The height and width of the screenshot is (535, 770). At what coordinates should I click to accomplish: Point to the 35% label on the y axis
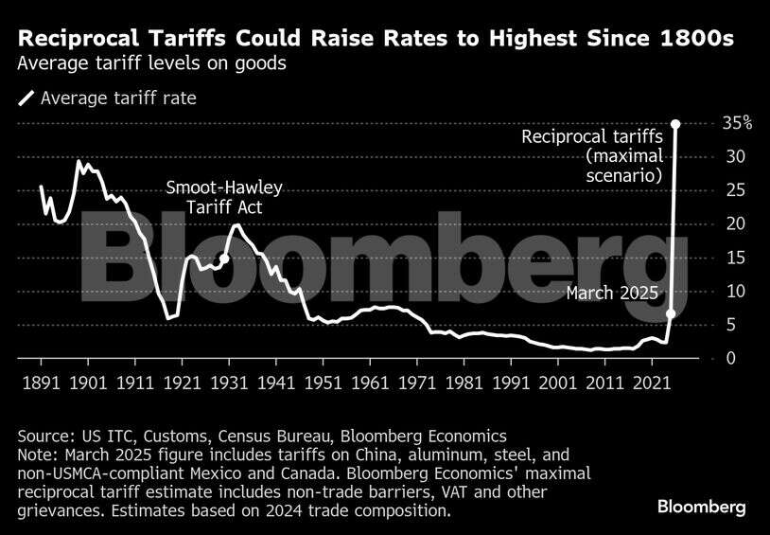[738, 123]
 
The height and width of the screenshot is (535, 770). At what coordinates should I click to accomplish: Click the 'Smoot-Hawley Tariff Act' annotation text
[224, 197]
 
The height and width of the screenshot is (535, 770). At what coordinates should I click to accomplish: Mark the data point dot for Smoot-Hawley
[224, 258]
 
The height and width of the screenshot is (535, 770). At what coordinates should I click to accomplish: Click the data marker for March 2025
[670, 313]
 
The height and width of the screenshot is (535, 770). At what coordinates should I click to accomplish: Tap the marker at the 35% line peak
[674, 123]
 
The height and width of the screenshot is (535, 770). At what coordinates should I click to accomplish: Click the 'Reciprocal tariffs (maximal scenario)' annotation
[592, 156]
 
